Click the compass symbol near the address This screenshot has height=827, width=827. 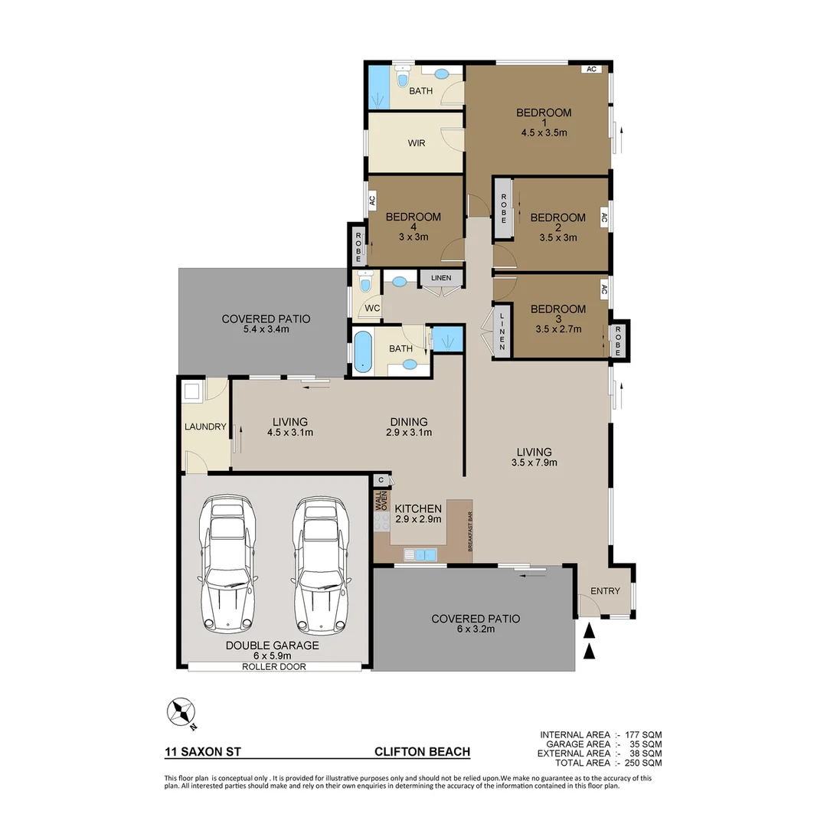[181, 713]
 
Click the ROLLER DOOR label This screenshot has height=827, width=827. [273, 667]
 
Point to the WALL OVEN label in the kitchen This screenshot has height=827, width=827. [381, 501]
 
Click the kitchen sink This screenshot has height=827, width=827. [420, 554]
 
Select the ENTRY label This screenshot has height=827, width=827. [605, 591]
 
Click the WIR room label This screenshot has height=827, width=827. [417, 143]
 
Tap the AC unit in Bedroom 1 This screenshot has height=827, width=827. [590, 69]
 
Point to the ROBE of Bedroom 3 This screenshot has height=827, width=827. [618, 339]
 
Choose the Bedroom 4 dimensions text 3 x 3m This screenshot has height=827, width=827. [413, 237]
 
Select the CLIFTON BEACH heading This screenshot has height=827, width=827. [422, 752]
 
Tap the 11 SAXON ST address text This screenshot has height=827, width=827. [203, 752]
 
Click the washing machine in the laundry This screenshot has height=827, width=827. [191, 392]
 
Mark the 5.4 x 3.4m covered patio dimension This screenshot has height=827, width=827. [266, 329]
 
